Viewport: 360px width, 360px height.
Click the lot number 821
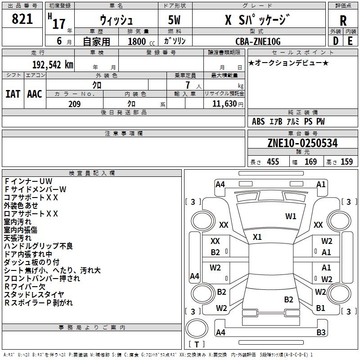[x=22, y=19]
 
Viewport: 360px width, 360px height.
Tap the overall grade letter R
[x=343, y=20]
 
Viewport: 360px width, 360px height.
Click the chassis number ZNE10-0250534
[x=302, y=144]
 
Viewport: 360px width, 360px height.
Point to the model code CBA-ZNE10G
[x=258, y=41]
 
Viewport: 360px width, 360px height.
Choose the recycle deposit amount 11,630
[x=224, y=103]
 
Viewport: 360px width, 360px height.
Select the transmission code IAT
[x=13, y=94]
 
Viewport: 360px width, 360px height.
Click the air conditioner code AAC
[x=34, y=94]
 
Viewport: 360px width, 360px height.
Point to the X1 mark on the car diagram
[x=257, y=237]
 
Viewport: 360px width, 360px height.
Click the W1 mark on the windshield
[x=291, y=216]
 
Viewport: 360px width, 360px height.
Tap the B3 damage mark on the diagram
[x=321, y=333]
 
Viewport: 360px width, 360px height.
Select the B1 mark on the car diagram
[x=321, y=308]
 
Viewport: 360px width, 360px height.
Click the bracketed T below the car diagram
[x=197, y=345]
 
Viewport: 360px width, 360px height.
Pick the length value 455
[x=273, y=162]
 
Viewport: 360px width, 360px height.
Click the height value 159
[x=346, y=162]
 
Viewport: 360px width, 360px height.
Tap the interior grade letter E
[x=350, y=40]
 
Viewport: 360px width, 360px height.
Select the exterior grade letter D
[x=336, y=40]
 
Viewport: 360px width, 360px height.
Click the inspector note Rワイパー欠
[x=25, y=287]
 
